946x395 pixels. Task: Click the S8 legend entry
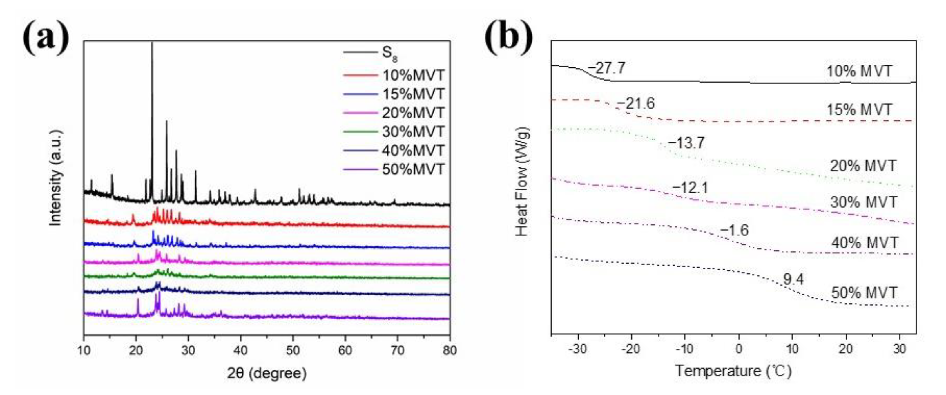click(x=389, y=53)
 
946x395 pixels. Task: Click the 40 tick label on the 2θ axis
click(x=240, y=350)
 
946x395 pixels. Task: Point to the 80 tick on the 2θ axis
click(x=449, y=350)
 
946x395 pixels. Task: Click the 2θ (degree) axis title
click(x=267, y=373)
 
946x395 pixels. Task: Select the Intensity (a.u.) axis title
click(x=55, y=178)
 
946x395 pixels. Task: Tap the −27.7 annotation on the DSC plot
click(x=606, y=68)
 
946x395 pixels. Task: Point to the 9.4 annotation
click(x=793, y=279)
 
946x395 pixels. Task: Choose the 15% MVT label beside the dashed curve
click(x=859, y=110)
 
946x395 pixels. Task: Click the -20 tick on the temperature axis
click(x=631, y=349)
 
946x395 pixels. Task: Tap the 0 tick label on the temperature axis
click(x=739, y=349)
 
